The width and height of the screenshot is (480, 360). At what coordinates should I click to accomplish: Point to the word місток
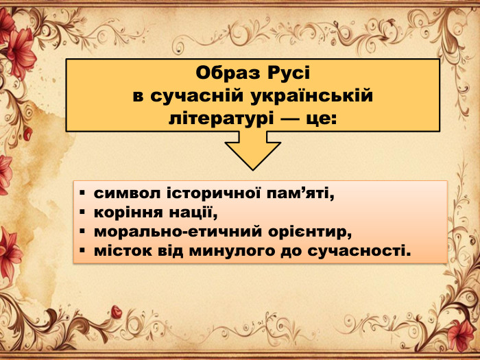point(119,250)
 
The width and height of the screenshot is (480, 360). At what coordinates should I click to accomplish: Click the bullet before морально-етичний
point(82,231)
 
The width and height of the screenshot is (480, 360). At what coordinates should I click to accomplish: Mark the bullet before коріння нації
point(82,212)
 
